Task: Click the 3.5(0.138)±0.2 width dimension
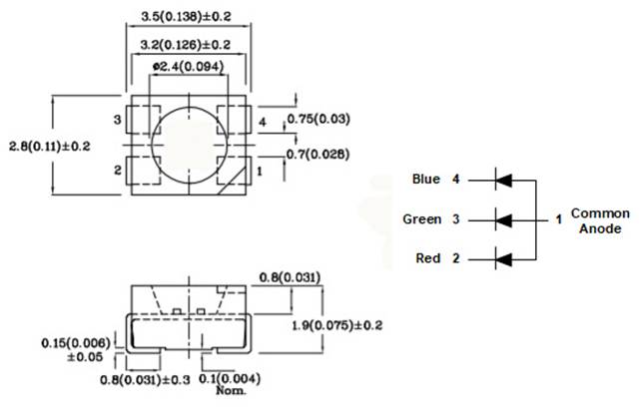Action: [x=186, y=18]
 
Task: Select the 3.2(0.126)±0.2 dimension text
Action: [x=186, y=44]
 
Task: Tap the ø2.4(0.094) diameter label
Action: [x=187, y=68]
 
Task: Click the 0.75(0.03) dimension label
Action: [x=319, y=120]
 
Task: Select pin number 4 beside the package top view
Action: [x=263, y=122]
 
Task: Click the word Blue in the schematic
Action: [x=425, y=180]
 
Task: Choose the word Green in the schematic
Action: [x=421, y=218]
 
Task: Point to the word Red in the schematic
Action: [x=426, y=258]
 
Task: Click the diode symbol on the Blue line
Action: [x=503, y=181]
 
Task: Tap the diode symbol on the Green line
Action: [x=503, y=218]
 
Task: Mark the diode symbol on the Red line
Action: [x=503, y=258]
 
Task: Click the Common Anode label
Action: [x=599, y=220]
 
